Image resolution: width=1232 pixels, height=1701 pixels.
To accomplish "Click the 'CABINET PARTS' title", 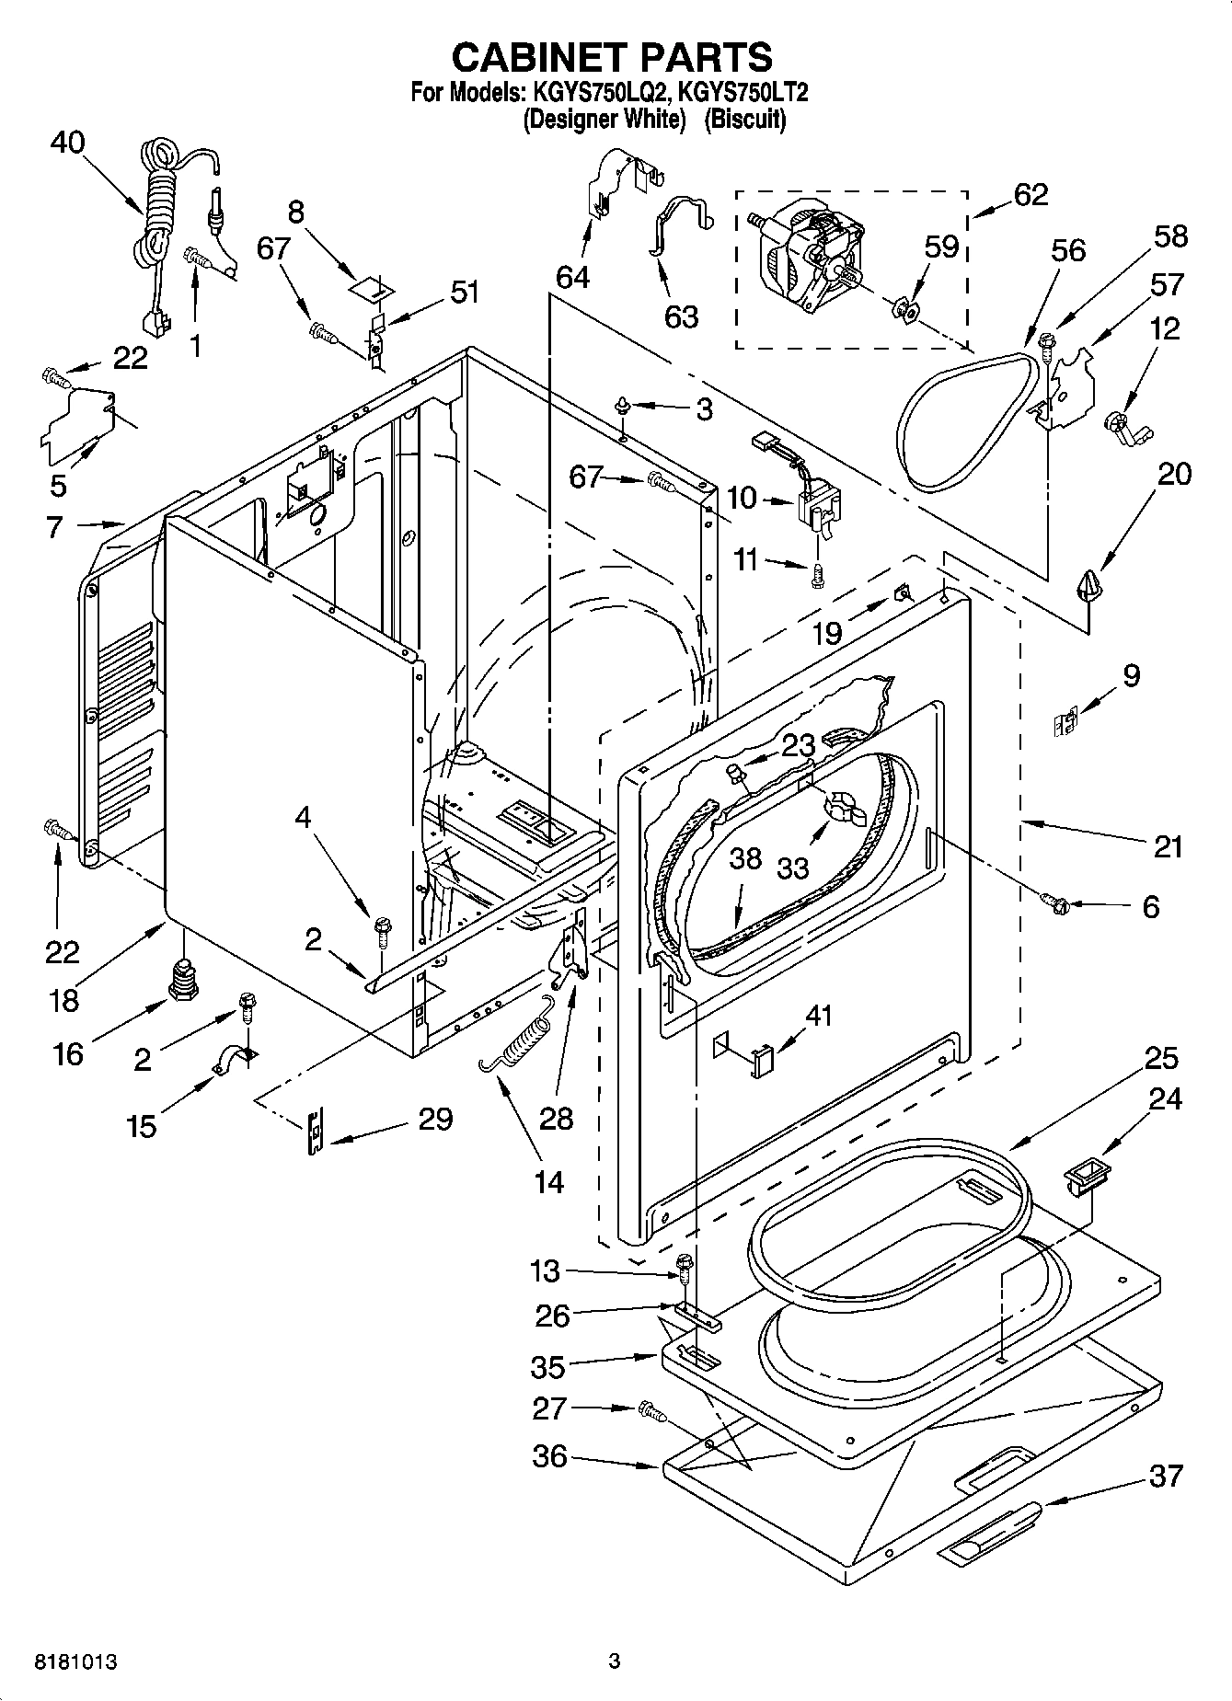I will tap(612, 57).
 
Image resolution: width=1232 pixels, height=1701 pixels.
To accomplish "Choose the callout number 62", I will tap(1031, 195).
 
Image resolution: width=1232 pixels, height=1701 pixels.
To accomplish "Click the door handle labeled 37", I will tap(989, 1532).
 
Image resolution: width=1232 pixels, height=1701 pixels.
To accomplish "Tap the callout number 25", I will tap(1161, 1058).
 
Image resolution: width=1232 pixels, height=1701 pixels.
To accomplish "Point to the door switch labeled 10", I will tap(819, 511).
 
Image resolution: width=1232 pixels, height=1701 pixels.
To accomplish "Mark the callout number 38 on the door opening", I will tap(745, 858).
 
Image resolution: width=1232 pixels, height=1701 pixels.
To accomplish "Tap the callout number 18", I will tap(63, 1000).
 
